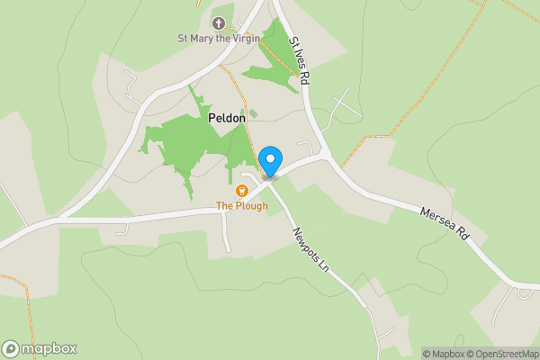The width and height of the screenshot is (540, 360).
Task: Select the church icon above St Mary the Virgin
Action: point(217,22)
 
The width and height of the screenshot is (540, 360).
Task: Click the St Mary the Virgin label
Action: point(217,38)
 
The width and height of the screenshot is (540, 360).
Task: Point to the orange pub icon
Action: point(241,191)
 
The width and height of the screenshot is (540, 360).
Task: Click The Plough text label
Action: point(241,206)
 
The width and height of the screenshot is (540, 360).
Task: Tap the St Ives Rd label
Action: point(298,61)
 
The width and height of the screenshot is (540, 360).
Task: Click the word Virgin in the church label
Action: point(242,38)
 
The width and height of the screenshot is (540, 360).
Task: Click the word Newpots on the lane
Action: point(303,240)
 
